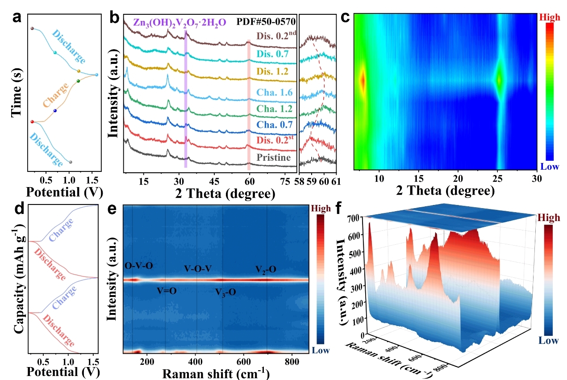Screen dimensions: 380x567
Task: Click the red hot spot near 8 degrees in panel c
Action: [x=363, y=81]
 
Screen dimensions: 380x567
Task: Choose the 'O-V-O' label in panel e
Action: [x=139, y=266]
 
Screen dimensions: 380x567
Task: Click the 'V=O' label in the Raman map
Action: [x=167, y=291]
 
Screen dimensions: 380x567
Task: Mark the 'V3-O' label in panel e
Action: [x=225, y=292]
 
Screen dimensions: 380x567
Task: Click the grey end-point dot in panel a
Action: [x=71, y=162]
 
